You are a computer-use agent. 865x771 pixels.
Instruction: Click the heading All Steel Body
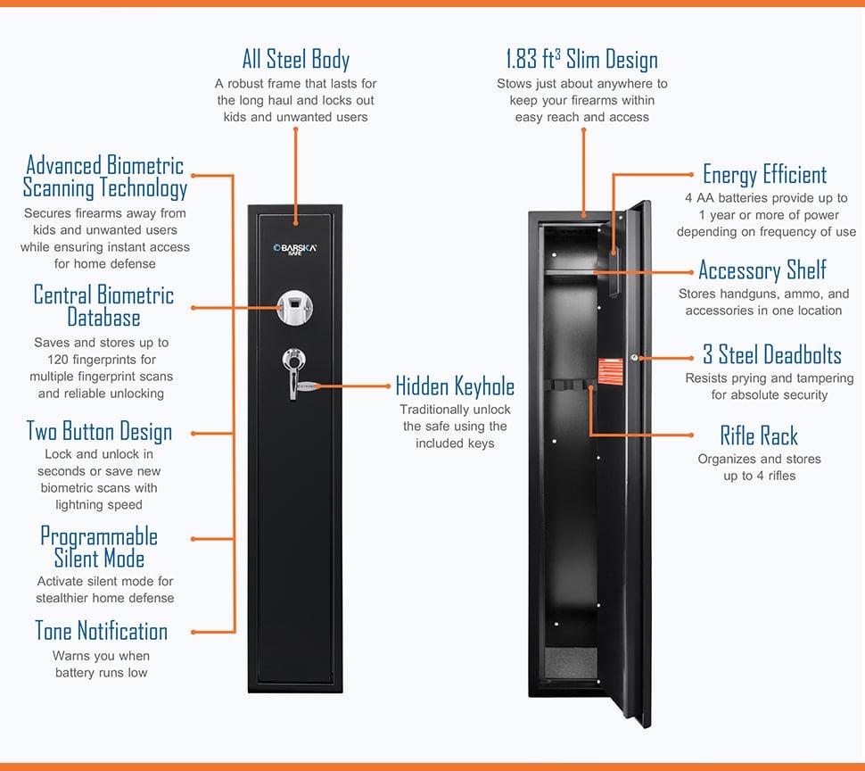[x=296, y=60]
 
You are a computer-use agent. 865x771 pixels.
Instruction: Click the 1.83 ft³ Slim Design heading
[x=582, y=60]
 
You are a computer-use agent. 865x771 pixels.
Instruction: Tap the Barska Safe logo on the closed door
[x=295, y=249]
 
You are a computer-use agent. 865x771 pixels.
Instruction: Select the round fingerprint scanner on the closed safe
[x=295, y=307]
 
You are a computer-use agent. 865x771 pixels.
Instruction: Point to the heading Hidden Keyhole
[x=455, y=386]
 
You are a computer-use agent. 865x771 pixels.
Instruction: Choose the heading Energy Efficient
[x=764, y=175]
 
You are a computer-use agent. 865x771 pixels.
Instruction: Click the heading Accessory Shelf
[x=762, y=270]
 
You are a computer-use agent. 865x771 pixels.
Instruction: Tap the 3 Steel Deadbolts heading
[x=771, y=354]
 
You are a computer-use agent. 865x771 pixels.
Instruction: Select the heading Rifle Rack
[x=759, y=435]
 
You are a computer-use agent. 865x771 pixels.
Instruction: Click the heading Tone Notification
[x=101, y=631]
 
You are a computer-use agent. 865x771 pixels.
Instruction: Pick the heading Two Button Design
[x=99, y=432]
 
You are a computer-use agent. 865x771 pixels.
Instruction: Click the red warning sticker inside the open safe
[x=611, y=371]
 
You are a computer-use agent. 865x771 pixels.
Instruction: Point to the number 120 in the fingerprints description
[x=57, y=360]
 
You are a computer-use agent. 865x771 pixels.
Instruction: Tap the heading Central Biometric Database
[x=103, y=306]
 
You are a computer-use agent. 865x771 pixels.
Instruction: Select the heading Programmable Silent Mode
[x=99, y=548]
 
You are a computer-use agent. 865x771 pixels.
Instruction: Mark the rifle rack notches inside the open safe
[x=569, y=385]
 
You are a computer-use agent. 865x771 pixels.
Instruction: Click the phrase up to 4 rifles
[x=760, y=476]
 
